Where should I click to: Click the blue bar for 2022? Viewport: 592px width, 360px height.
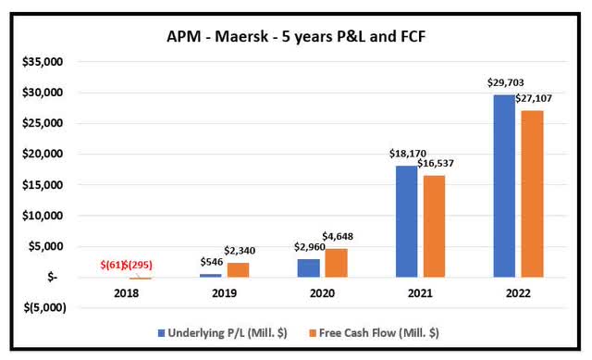tap(503, 185)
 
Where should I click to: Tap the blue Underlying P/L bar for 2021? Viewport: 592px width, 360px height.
tap(407, 221)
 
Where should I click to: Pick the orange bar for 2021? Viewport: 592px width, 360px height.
tap(433, 226)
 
